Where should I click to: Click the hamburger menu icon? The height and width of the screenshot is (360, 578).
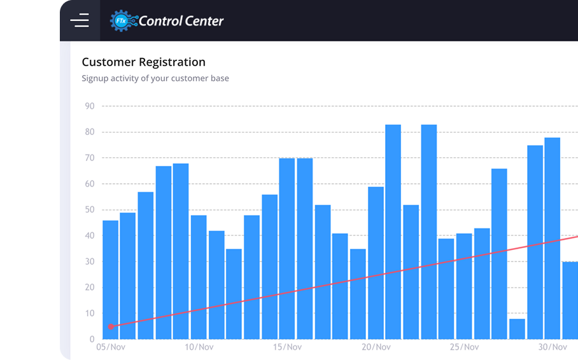[x=80, y=21]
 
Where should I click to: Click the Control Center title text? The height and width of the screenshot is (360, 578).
[x=181, y=21]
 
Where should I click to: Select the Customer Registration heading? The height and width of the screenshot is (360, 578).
[x=143, y=62]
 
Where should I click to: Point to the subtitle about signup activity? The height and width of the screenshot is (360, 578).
[x=155, y=78]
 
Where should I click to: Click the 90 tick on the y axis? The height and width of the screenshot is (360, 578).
[x=89, y=106]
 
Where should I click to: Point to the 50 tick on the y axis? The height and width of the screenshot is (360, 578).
[x=89, y=210]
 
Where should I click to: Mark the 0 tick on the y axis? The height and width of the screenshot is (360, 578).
[x=92, y=339]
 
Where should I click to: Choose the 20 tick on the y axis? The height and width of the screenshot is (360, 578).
[x=89, y=287]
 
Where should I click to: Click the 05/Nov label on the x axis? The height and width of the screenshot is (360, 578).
[x=110, y=347]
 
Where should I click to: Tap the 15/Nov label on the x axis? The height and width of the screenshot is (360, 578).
[x=287, y=347]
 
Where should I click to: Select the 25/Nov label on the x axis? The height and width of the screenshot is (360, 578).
[x=464, y=347]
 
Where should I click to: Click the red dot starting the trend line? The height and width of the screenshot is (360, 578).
[x=110, y=326]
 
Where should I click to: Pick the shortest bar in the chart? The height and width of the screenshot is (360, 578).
[x=517, y=329]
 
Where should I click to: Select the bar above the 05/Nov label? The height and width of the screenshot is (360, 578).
[x=110, y=280]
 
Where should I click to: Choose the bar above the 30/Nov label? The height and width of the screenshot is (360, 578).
[x=552, y=239]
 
